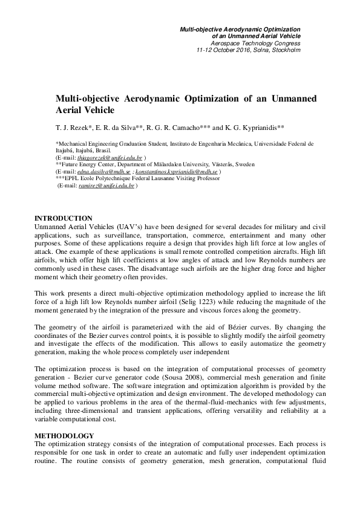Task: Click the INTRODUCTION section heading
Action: (x=64, y=218)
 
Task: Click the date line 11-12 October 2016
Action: (x=249, y=50)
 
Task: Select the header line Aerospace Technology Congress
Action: (x=255, y=43)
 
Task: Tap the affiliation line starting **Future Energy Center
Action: (x=139, y=164)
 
